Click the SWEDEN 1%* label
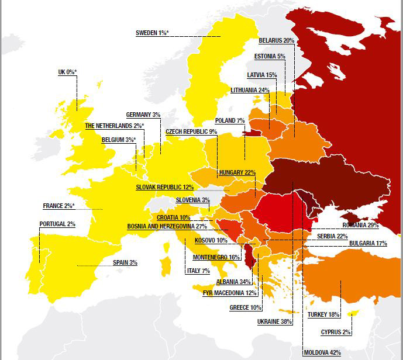coord(152,33)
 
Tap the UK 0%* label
coord(67,72)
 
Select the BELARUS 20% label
coord(276,41)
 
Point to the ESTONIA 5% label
coord(270,57)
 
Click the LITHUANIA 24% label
coord(250,90)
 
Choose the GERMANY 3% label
coord(143,115)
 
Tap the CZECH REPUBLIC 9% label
coord(191,131)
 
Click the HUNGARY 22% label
coord(237,172)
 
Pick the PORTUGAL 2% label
coord(57,224)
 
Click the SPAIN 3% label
coord(125,262)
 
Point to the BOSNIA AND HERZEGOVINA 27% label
coord(167,226)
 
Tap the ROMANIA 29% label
coord(361,225)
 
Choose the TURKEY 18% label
coord(323,314)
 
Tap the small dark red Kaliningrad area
coord(252,133)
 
